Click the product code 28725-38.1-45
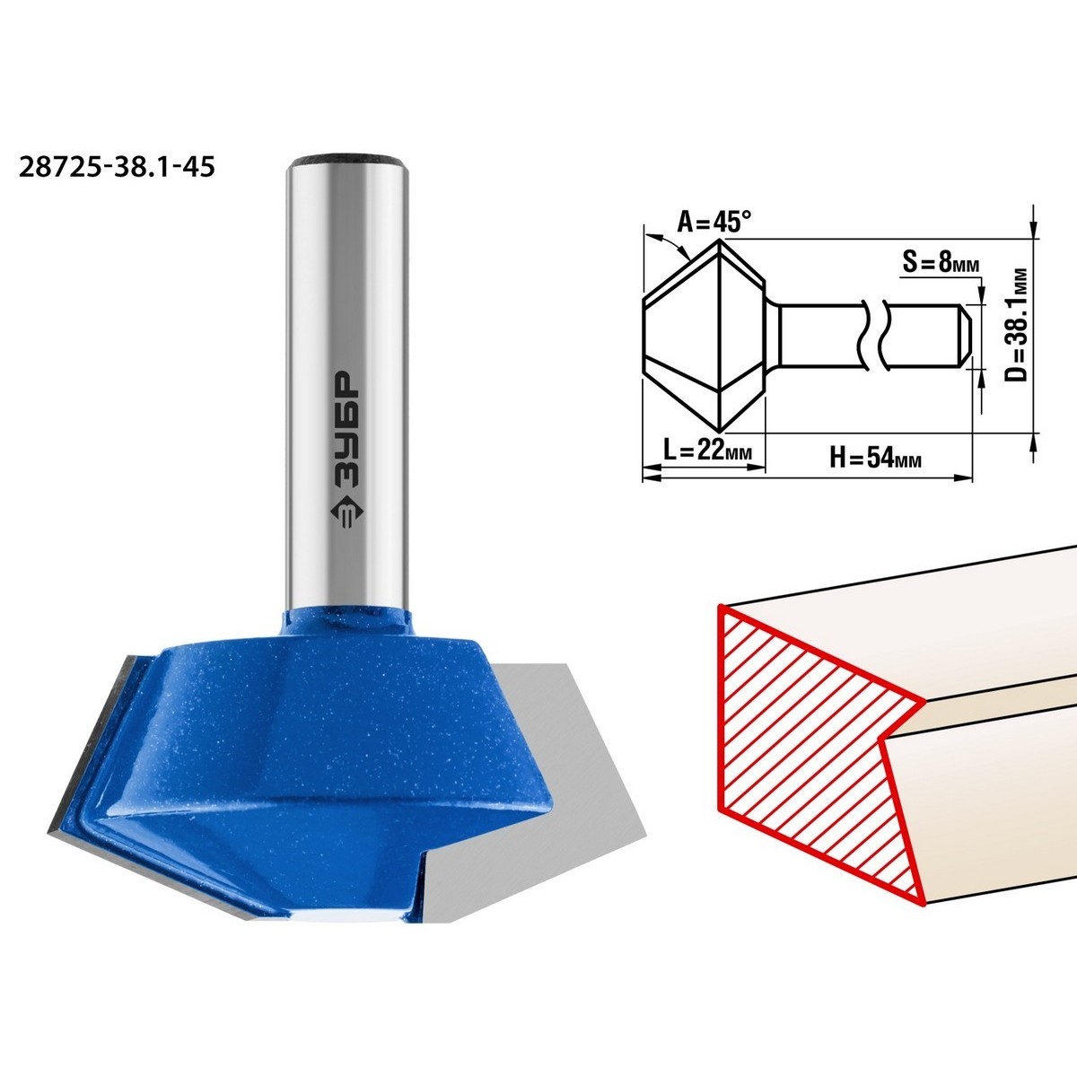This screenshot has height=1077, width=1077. click(117, 167)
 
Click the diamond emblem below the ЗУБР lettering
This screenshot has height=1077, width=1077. click(346, 512)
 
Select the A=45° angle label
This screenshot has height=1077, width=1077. click(714, 223)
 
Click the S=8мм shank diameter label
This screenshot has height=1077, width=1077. click(941, 262)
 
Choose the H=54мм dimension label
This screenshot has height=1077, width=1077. click(875, 459)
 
